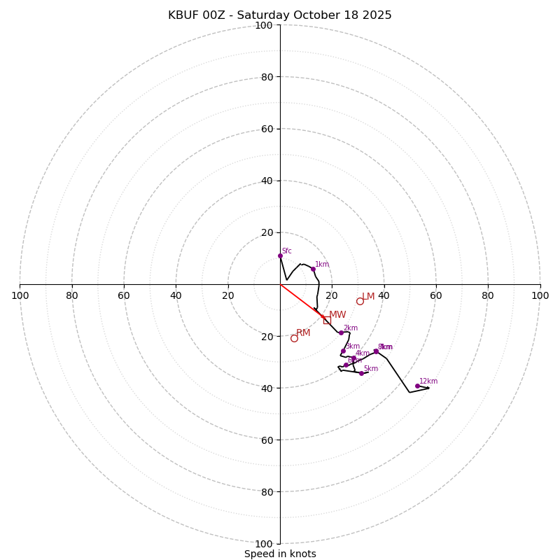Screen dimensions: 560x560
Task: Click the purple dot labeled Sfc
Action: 280,255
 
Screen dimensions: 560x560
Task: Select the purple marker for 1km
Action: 313,269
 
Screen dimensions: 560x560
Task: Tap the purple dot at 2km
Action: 341,332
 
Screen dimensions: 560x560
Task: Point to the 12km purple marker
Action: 417,386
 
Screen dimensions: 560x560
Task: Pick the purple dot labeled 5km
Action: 361,373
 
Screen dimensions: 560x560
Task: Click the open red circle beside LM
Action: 360,301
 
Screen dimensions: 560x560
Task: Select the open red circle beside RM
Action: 294,338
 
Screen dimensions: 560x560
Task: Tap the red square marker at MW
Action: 327,320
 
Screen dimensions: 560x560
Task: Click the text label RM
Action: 303,333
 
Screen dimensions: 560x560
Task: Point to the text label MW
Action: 337,315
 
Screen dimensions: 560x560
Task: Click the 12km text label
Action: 428,381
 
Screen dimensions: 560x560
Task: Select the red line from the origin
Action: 301,300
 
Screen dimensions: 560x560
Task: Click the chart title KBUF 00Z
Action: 280,15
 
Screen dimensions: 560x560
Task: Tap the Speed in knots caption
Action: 280,554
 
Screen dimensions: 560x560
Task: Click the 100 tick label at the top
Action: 263,25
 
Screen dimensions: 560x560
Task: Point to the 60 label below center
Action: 266,440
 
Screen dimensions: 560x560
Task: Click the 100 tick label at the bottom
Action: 263,543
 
